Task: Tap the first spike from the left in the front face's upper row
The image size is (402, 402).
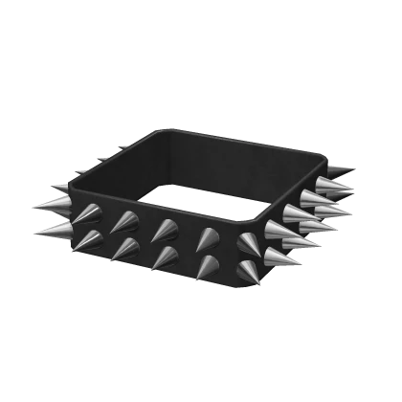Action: click(x=89, y=213)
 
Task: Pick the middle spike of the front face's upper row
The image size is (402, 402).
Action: click(x=166, y=230)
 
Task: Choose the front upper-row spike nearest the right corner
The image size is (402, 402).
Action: click(x=251, y=242)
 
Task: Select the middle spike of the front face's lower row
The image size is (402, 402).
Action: click(x=165, y=257)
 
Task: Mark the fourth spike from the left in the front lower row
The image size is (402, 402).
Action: click(x=206, y=267)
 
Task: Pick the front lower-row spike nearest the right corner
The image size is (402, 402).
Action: click(x=247, y=273)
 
